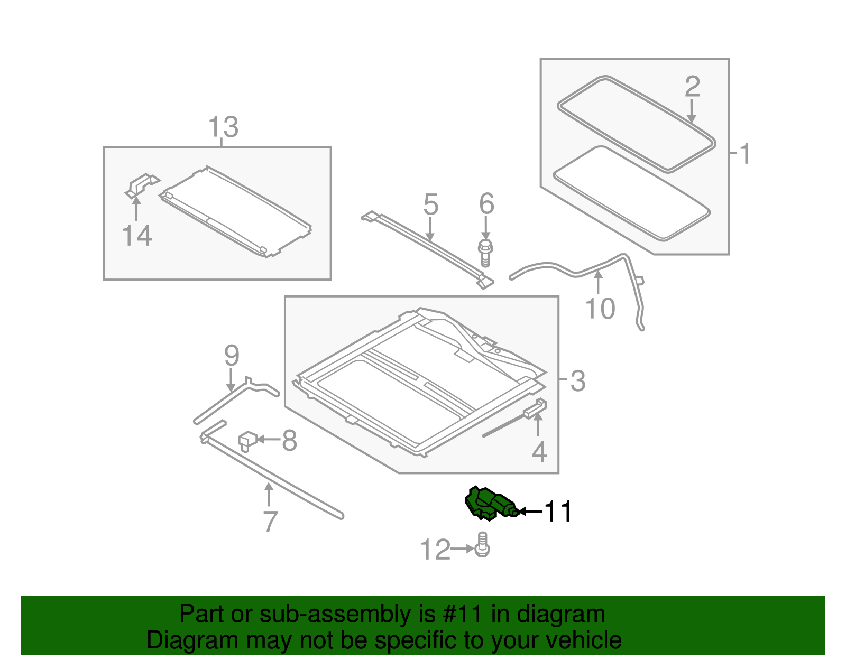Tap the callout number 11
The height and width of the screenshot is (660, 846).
click(558, 512)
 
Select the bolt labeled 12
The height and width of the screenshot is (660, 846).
click(482, 545)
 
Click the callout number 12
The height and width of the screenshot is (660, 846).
click(435, 550)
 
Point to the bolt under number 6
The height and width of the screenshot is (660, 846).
click(485, 253)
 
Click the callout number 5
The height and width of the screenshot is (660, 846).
click(431, 204)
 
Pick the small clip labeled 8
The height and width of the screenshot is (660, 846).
click(247, 440)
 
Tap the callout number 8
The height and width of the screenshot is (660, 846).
click(289, 440)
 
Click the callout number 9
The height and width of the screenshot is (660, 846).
click(232, 355)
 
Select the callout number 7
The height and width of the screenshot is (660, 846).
click(270, 522)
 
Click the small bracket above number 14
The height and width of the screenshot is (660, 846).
click(142, 185)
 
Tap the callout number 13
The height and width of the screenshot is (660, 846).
click(223, 127)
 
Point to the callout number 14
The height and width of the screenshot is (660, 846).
click(137, 235)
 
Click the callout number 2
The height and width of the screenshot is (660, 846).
click(692, 87)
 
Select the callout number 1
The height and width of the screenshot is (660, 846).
click(744, 154)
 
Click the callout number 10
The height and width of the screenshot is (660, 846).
click(600, 309)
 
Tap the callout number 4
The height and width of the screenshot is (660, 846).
click(539, 452)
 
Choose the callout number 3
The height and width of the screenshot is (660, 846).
click(578, 381)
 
